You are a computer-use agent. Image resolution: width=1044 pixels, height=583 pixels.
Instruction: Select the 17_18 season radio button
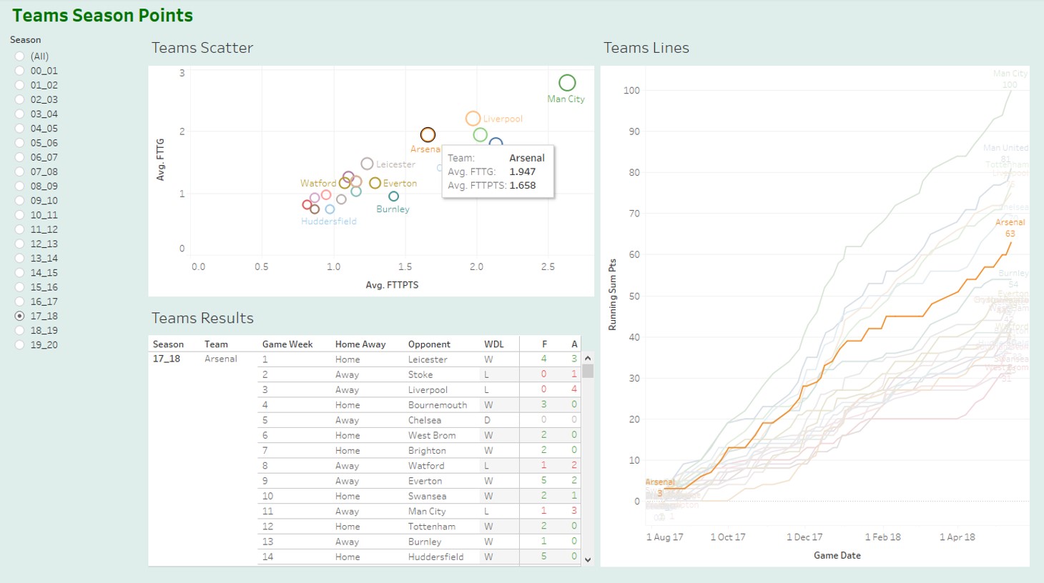20,316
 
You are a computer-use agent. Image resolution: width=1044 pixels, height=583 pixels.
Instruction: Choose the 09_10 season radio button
20,201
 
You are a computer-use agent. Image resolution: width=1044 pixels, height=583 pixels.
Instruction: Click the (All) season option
20,56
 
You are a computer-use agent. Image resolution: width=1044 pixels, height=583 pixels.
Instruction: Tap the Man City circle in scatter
567,83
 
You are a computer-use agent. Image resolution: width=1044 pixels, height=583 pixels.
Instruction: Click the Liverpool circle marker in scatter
473,119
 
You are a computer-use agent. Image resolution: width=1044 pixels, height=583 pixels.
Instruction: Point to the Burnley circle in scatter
393,196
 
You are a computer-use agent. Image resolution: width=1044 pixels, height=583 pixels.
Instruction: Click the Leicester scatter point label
395,164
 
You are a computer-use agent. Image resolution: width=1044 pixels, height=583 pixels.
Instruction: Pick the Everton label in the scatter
400,184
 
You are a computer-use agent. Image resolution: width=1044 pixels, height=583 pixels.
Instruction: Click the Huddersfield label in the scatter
328,221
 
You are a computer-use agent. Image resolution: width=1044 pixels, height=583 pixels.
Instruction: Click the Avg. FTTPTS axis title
392,285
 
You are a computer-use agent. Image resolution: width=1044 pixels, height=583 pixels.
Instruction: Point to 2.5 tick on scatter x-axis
548,267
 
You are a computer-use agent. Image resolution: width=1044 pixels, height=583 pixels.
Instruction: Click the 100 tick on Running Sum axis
631,91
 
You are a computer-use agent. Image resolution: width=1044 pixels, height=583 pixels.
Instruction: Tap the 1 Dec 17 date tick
804,537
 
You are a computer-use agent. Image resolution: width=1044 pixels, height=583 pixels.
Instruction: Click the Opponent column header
429,344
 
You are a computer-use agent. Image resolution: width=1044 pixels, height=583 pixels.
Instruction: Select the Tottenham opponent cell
431,527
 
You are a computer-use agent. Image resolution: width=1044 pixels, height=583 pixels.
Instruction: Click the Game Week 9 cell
265,481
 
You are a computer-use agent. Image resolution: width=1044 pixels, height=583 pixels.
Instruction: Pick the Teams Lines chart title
646,48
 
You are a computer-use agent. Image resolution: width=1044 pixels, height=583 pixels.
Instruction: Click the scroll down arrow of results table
588,560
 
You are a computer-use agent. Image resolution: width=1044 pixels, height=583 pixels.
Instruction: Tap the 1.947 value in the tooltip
522,171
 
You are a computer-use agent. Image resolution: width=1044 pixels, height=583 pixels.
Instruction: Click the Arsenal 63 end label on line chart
1010,228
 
